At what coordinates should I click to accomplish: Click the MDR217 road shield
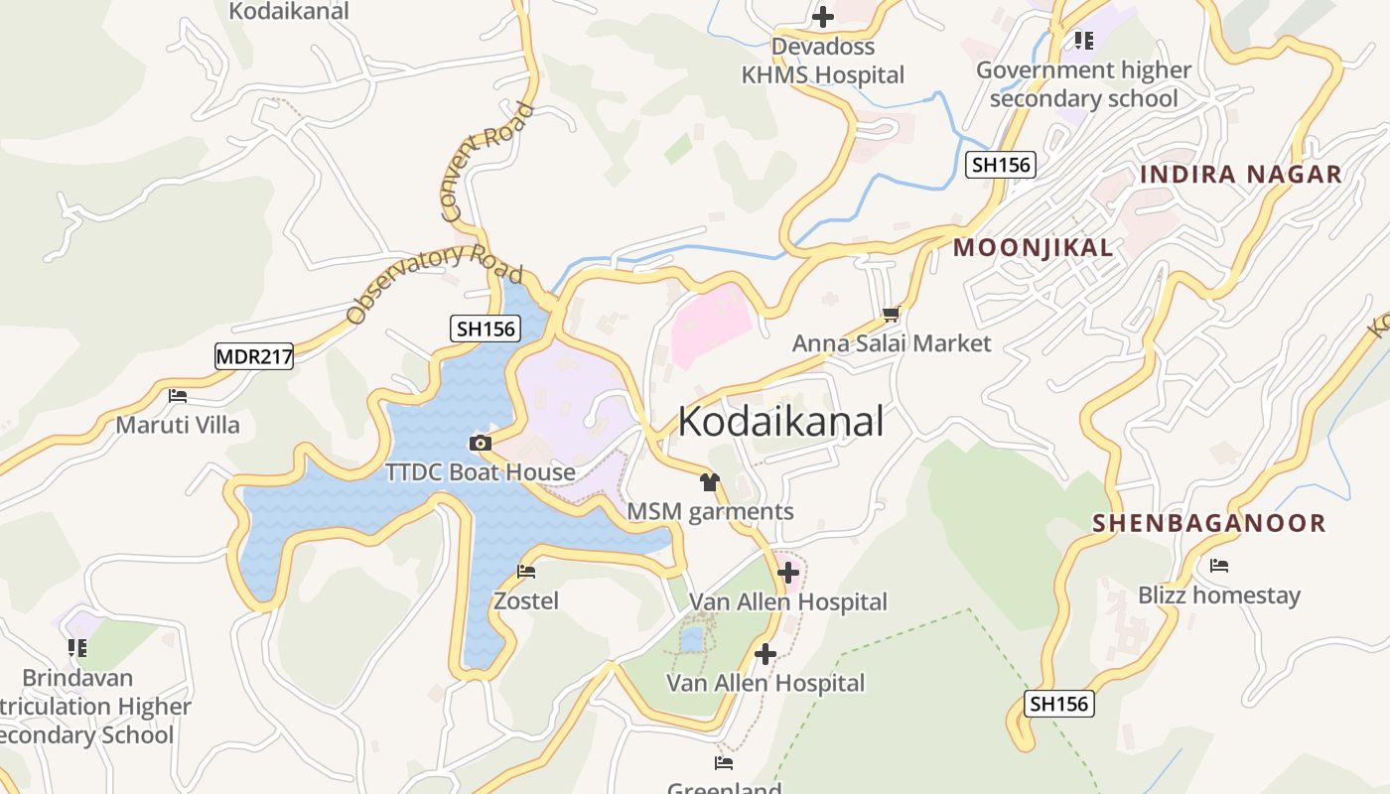[x=254, y=356]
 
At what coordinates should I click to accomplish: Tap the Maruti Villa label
[x=178, y=425]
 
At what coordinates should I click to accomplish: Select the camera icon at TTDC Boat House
[x=481, y=443]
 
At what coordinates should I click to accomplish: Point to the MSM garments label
[x=711, y=511]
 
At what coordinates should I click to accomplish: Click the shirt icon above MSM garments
[x=709, y=483]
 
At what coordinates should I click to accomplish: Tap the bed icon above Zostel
[x=526, y=572]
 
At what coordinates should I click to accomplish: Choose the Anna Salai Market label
[x=892, y=343]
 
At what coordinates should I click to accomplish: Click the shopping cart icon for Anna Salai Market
[x=891, y=315]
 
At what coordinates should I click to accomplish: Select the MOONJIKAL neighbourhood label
[x=1033, y=248]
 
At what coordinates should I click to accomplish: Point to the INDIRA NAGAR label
[x=1241, y=175]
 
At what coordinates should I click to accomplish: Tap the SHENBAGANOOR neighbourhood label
[x=1209, y=523]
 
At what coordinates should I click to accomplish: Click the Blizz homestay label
[x=1219, y=595]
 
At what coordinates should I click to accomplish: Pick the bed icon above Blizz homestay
[x=1219, y=566]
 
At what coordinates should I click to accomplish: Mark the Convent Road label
[x=486, y=161]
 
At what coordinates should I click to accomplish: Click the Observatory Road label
[x=434, y=285]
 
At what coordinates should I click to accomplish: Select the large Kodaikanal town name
[x=780, y=422]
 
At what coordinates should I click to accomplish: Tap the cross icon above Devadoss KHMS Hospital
[x=822, y=17]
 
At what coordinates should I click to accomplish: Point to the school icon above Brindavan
[x=77, y=648]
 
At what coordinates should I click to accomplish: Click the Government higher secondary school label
[x=1083, y=84]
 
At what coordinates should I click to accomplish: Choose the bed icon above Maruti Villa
[x=178, y=395]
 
